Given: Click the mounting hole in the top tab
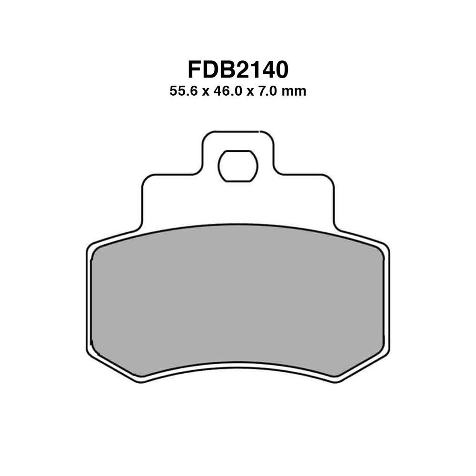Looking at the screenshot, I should pyautogui.click(x=238, y=166).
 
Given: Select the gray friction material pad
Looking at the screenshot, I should pyautogui.click(x=238, y=300).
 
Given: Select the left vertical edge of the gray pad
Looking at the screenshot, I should pyautogui.click(x=91, y=300).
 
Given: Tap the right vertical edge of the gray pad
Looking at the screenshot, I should pyautogui.click(x=384, y=300).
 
